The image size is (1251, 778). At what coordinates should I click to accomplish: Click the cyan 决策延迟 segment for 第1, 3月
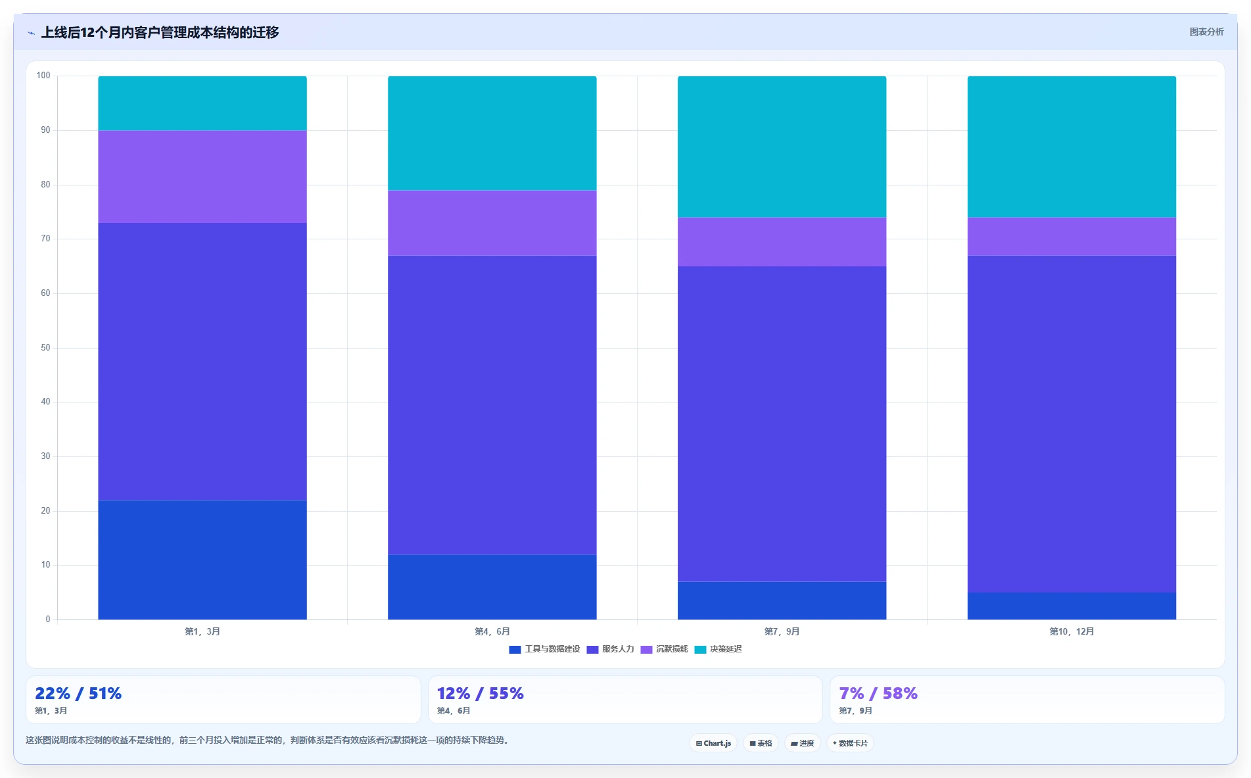click(x=202, y=103)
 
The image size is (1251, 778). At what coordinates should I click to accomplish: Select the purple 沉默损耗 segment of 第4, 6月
click(x=492, y=223)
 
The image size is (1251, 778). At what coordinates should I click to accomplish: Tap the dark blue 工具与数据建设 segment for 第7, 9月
click(x=782, y=600)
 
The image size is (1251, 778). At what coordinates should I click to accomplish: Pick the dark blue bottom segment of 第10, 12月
click(x=1072, y=606)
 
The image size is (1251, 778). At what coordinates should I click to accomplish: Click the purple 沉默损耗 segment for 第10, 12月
click(x=1072, y=237)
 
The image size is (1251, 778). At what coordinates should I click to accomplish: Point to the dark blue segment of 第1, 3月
click(x=202, y=560)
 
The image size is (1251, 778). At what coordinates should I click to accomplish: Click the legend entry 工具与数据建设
click(x=544, y=649)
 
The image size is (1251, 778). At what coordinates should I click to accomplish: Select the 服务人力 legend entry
click(x=610, y=649)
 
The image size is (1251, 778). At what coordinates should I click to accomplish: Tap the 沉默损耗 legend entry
click(x=664, y=649)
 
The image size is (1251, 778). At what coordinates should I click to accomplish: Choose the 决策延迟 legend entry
click(x=718, y=649)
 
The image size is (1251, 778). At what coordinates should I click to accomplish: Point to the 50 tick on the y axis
click(x=45, y=348)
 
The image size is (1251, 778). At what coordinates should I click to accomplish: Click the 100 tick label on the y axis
click(x=43, y=76)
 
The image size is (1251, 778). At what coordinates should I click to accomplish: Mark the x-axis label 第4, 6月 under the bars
click(x=492, y=631)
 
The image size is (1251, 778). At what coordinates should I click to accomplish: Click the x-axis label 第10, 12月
click(x=1072, y=631)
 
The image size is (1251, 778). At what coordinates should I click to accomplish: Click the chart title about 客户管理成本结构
click(x=160, y=32)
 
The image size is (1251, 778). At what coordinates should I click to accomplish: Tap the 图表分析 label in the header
click(x=1206, y=32)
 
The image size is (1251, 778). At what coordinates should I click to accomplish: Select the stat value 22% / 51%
click(x=78, y=693)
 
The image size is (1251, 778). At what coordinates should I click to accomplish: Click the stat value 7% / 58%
click(x=878, y=693)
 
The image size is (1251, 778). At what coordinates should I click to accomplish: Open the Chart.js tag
click(x=713, y=743)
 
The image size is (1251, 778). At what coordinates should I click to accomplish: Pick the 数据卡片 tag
click(x=850, y=743)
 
